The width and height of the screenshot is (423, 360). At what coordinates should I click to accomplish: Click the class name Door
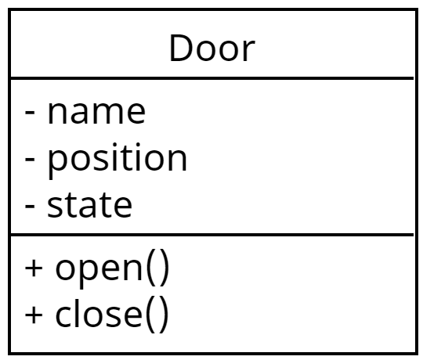pos(212,49)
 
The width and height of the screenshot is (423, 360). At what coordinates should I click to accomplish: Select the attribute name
pos(96,113)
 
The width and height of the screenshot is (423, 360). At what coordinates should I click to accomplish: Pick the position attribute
pos(117,160)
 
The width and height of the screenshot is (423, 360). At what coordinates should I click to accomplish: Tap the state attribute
pos(89,205)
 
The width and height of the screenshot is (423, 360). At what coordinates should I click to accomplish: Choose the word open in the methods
pos(99,270)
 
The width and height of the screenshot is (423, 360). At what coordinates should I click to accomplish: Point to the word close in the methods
pos(99,313)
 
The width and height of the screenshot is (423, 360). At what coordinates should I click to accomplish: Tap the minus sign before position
pos(30,159)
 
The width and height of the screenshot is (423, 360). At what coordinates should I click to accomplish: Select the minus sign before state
pos(30,206)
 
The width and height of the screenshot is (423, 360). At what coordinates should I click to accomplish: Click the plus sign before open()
pos(34,268)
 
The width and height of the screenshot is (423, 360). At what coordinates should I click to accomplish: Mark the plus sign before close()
pos(34,315)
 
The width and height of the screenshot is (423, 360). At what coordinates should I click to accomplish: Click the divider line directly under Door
pos(212,78)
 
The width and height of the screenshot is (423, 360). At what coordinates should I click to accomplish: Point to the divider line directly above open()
pos(212,235)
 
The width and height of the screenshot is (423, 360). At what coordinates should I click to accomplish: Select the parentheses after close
pos(157,314)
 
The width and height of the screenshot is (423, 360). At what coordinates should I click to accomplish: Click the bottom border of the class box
pos(213,353)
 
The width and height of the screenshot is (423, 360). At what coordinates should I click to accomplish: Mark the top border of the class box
pos(213,10)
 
